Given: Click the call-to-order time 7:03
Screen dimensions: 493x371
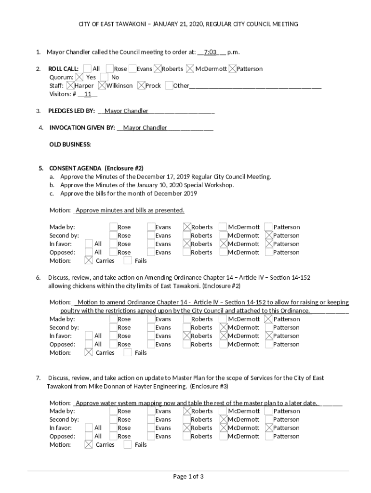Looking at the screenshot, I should pyautogui.click(x=210, y=52).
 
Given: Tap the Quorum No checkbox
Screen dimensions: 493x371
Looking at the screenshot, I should pyautogui.click(x=104, y=77).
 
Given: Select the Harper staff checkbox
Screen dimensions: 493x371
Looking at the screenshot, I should pyautogui.click(x=71, y=86).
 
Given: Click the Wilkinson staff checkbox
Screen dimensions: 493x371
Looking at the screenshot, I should pyautogui.click(x=102, y=86).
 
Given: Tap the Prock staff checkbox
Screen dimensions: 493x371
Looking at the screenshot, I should pyautogui.click(x=141, y=86).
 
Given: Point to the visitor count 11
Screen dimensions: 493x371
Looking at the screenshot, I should pyautogui.click(x=88, y=94).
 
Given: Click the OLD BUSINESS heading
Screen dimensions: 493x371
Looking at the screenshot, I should pyautogui.click(x=70, y=144).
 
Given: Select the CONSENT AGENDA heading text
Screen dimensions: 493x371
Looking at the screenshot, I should pyautogui.click(x=75, y=169).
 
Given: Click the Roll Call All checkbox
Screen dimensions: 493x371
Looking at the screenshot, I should pyautogui.click(x=87, y=69).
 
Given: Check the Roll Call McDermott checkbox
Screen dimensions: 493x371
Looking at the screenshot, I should pyautogui.click(x=190, y=69).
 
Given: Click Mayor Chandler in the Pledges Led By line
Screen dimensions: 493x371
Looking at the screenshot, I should pyautogui.click(x=126, y=111).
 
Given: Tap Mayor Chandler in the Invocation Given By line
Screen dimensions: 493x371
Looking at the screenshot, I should pyautogui.click(x=145, y=128).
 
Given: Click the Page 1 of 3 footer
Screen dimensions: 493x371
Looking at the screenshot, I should pyautogui.click(x=188, y=477).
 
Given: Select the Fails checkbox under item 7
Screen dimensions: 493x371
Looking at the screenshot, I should pyautogui.click(x=128, y=445).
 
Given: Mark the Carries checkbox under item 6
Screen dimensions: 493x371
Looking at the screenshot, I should pyautogui.click(x=89, y=353).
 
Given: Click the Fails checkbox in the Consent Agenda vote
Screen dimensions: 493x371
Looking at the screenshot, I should pyautogui.click(x=128, y=261).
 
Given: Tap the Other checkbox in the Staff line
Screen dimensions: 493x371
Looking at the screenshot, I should pyautogui.click(x=169, y=86).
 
